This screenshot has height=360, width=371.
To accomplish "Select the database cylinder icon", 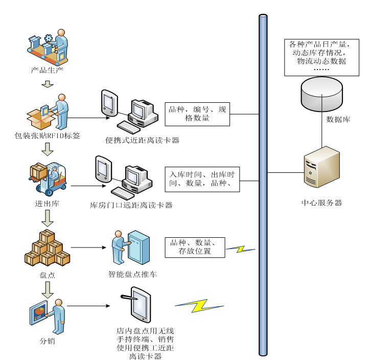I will click(321, 93).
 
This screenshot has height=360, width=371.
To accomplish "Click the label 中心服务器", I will click(322, 203).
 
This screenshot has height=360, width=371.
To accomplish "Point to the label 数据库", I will click(338, 120).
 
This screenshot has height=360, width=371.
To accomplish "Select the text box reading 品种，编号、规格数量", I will click(197, 114).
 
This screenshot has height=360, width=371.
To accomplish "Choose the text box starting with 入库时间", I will click(202, 179).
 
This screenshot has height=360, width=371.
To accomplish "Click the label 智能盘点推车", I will click(132, 275).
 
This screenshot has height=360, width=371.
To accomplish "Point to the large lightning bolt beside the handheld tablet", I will click(199, 305).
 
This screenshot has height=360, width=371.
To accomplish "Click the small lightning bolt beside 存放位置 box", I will click(241, 249).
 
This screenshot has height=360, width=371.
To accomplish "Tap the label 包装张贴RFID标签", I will click(47, 136).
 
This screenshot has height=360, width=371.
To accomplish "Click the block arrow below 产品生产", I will click(48, 83).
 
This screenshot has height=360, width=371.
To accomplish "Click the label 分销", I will click(47, 341).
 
